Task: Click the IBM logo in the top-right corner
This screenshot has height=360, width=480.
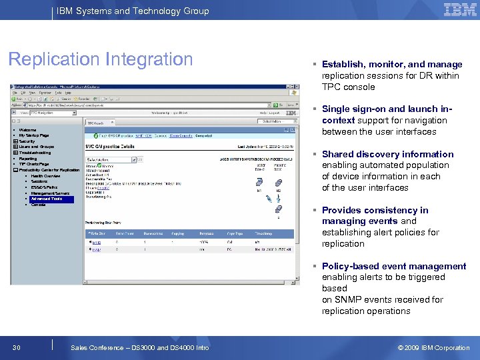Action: pos(460,10)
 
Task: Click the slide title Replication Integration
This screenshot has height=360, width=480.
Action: pos(101,59)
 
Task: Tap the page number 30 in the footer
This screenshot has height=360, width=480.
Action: pos(16,347)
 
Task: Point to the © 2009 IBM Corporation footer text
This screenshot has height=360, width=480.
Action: pos(433,347)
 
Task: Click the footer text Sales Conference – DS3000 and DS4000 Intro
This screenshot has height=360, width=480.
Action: pos(139,347)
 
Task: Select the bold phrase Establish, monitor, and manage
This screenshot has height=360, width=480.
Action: pos(391,65)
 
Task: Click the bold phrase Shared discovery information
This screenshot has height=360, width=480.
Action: pos(387,154)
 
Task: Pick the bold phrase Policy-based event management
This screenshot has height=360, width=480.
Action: pos(393,266)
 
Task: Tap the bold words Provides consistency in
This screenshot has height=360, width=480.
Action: pos(375,210)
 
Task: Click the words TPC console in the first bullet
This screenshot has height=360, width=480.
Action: pos(348,87)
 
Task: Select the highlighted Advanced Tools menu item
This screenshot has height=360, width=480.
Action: pos(47,199)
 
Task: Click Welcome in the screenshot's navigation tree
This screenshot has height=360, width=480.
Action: pos(28,130)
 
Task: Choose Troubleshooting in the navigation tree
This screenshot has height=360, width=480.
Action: pos(35,153)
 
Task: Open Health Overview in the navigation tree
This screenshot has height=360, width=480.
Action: pos(46,176)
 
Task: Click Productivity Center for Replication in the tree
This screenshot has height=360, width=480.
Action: pos(49,170)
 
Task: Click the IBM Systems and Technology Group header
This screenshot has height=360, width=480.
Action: pos(133,11)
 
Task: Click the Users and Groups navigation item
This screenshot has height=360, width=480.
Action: pos(37,147)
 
